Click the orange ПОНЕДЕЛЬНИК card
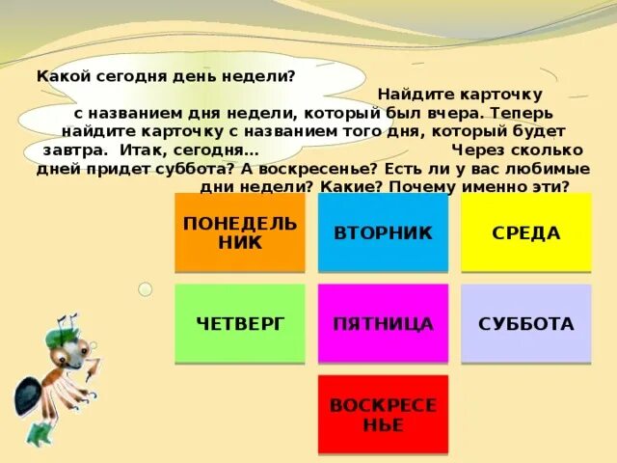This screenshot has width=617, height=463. tap(240, 232)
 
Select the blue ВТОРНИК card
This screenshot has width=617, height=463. tap(383, 232)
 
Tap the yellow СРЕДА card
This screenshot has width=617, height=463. tap(525, 232)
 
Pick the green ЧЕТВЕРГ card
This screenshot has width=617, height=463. tap(240, 323)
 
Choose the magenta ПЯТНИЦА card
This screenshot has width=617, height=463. tap(383, 323)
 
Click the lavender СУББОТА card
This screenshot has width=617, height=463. tap(525, 323)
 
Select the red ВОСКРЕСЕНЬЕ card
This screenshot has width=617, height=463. tap(383, 414)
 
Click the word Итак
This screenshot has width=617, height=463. tap(142, 150)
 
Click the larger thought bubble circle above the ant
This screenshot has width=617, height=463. tap(146, 288)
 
